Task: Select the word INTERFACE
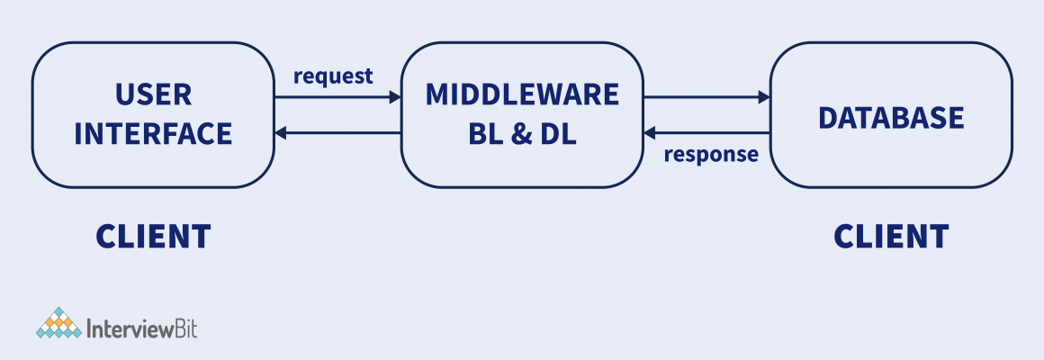[153, 134]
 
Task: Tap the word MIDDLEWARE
[522, 94]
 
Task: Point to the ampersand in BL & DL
[522, 134]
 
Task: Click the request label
[333, 76]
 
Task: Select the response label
[711, 154]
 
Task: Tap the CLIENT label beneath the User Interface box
[153, 236]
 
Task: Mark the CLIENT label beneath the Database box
[890, 236]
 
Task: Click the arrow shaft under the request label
[333, 96]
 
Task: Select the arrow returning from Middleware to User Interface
[337, 134]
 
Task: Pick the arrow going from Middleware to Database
[706, 96]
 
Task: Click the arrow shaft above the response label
[711, 134]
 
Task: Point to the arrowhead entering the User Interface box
[281, 134]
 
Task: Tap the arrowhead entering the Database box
[764, 96]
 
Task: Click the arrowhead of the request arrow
[394, 96]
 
